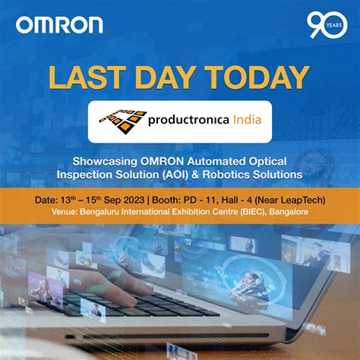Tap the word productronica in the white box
(x=194, y=119)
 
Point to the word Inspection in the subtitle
(x=84, y=175)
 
